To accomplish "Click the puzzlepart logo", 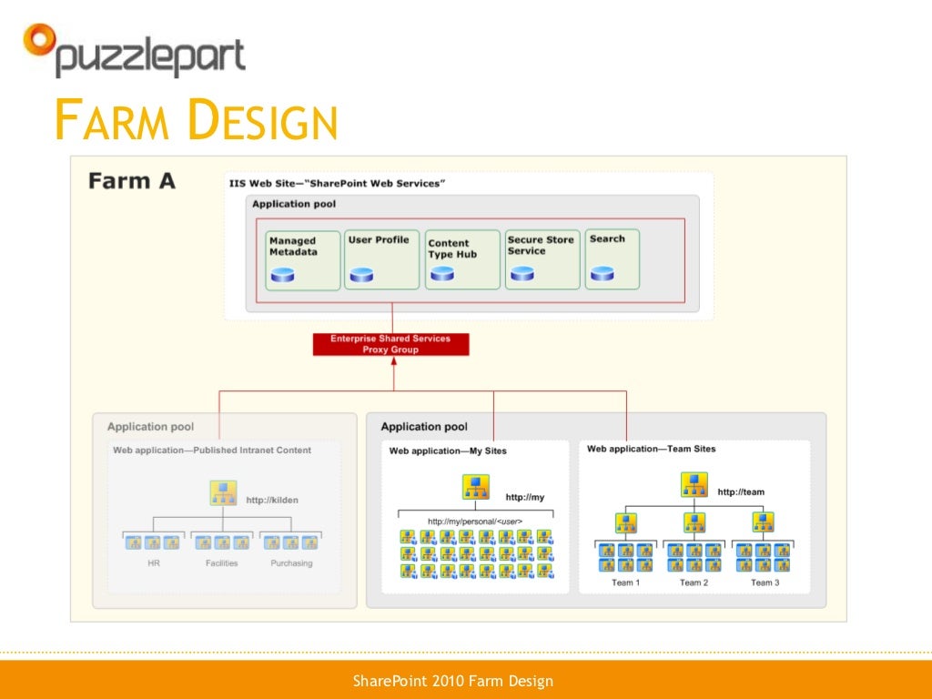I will (x=134, y=51).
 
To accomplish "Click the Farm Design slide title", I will (x=196, y=121).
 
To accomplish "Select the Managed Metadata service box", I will (x=303, y=259).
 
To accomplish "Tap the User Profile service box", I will (x=381, y=259).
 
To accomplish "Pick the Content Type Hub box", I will (x=462, y=259).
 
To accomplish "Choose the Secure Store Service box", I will (x=542, y=259).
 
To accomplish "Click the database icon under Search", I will (x=602, y=273).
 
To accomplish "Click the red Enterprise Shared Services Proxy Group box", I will (x=390, y=344).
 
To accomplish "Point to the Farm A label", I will (x=132, y=181).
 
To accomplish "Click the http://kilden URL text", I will (x=272, y=500).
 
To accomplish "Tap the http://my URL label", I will (x=525, y=497).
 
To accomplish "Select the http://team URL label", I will (x=741, y=491).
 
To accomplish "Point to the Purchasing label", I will (x=291, y=563).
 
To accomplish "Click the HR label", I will (x=153, y=563).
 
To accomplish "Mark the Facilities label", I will (x=221, y=563).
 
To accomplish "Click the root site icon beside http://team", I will (x=694, y=485).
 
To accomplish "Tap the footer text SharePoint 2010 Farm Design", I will (x=452, y=681).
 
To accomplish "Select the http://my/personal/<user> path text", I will (x=474, y=522).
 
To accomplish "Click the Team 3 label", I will (x=764, y=582).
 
